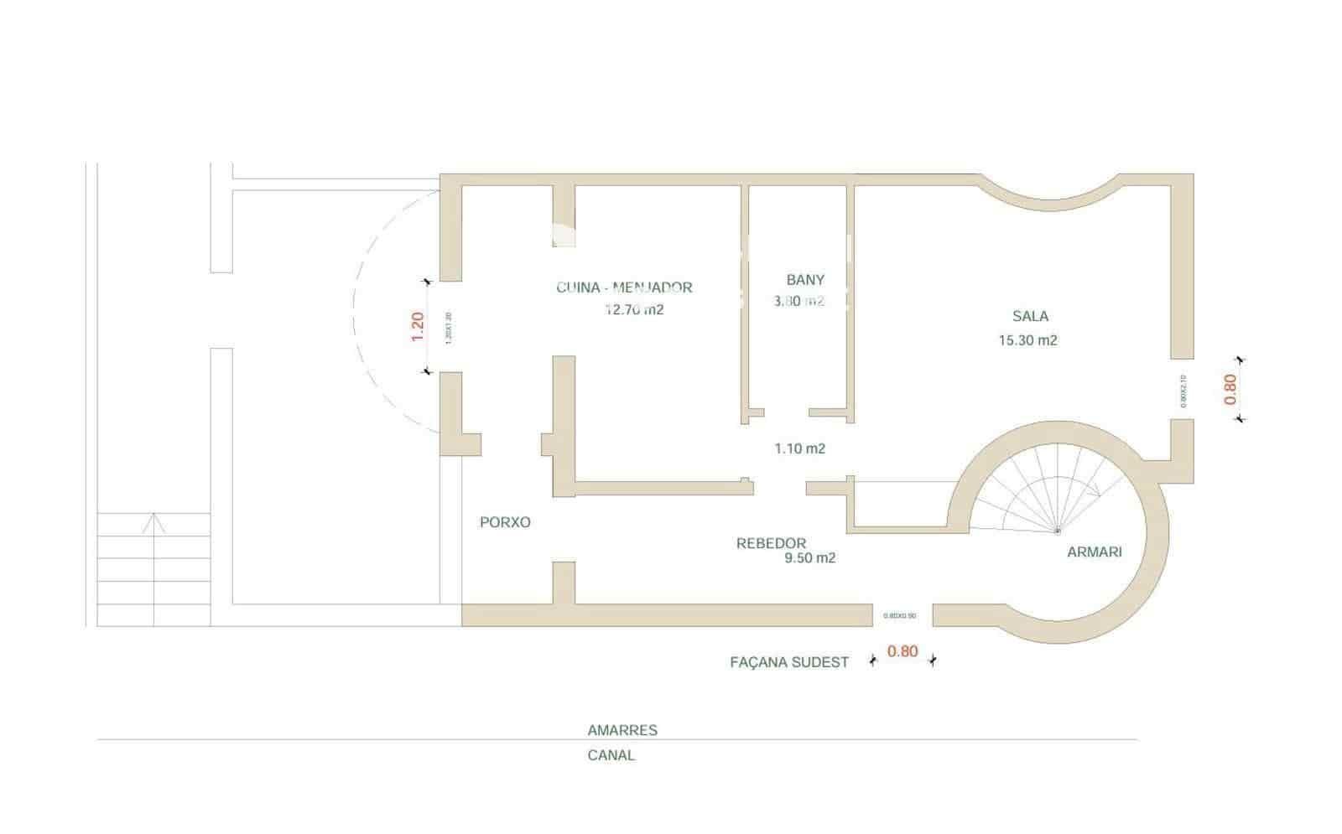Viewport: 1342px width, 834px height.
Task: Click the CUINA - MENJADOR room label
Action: point(624,287)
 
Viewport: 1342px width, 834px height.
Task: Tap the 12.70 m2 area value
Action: point(634,310)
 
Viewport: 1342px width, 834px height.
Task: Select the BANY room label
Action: point(805,280)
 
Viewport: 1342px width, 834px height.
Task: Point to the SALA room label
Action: point(1030,316)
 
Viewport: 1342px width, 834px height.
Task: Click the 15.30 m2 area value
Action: point(1027,340)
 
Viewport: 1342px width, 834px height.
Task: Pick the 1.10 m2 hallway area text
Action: point(799,449)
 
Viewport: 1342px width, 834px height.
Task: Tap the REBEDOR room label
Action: point(771,544)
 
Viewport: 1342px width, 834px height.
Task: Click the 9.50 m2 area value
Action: point(809,558)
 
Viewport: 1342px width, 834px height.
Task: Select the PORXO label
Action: point(505,522)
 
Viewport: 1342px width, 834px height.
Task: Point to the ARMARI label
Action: point(1094,552)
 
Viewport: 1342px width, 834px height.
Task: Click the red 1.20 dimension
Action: point(418,326)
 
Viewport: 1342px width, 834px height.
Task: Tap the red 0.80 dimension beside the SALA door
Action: point(1230,389)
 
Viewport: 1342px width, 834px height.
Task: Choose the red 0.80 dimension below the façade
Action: point(902,651)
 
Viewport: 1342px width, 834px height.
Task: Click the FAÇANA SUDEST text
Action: point(789,662)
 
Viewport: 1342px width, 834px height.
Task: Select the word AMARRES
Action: point(622,730)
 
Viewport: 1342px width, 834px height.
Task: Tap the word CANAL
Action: point(611,755)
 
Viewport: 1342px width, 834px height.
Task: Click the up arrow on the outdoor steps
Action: point(153,524)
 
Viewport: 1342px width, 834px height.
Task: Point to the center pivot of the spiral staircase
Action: point(1057,531)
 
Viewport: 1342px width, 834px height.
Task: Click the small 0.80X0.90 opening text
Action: point(900,616)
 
